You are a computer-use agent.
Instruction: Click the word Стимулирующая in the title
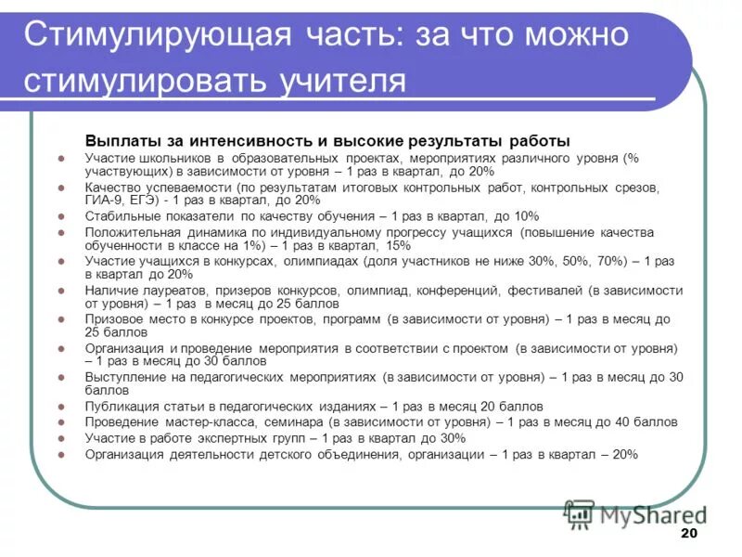[148, 37]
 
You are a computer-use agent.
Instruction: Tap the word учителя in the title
[342, 81]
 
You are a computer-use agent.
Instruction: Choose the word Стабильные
[120, 216]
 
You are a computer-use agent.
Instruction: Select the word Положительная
[131, 232]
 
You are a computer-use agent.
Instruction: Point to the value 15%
[397, 246]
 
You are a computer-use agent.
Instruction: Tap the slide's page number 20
[688, 533]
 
